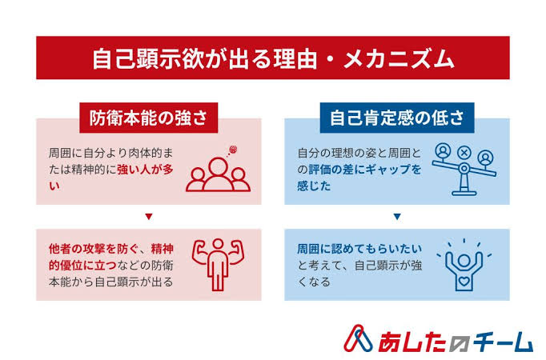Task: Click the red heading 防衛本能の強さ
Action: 149,118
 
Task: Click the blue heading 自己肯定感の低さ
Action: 397,118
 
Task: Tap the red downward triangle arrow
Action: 149,217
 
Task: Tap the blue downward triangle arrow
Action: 397,217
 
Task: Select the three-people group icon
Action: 218,174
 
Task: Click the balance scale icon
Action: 464,170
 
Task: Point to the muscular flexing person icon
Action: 218,264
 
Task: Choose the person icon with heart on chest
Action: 464,265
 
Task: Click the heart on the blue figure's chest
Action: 464,281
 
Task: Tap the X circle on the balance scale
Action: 464,152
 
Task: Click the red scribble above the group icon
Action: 233,150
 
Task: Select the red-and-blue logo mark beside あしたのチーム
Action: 358,338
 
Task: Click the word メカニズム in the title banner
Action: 399,58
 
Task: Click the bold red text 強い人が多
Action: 145,170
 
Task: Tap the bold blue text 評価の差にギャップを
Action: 365,170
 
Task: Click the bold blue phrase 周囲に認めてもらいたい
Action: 359,249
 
